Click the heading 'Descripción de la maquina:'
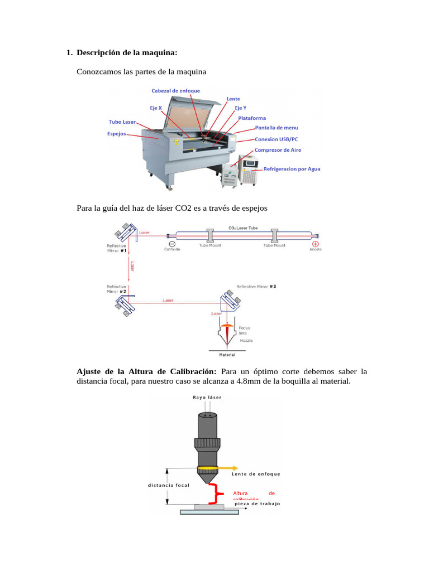pos(127,53)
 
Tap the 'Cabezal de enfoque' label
pos(175,91)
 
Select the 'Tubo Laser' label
pos(122,122)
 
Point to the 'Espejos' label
pos(117,134)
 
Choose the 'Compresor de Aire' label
pos(277,150)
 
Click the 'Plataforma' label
pos(252,118)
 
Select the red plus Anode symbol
pos(316,244)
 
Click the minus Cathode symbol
pos(171,244)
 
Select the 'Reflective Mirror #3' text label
pos(256,287)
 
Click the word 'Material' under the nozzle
pos(226,355)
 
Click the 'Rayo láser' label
pos(207,398)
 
